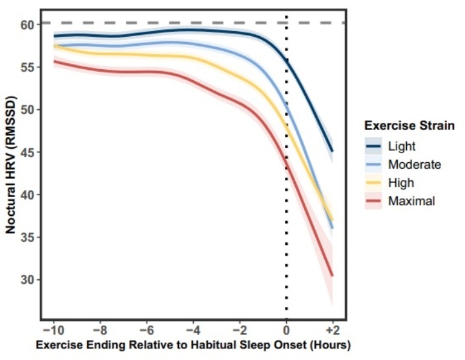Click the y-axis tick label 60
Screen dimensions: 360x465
(x=26, y=25)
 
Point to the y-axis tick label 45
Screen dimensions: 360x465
(x=26, y=153)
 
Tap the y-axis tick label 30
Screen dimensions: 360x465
(x=26, y=280)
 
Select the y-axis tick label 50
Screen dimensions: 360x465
(x=26, y=110)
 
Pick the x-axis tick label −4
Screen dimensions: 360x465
(x=194, y=328)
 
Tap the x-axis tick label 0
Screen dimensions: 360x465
(x=286, y=328)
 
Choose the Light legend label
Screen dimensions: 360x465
(x=402, y=146)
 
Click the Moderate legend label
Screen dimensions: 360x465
(x=414, y=165)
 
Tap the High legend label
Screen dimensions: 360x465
(x=401, y=183)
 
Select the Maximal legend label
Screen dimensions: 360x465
(x=411, y=201)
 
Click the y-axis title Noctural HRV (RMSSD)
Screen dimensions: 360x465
(x=10, y=165)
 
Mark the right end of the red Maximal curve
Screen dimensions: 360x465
(x=332, y=275)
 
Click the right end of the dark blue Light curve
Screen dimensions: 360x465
(x=332, y=151)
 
